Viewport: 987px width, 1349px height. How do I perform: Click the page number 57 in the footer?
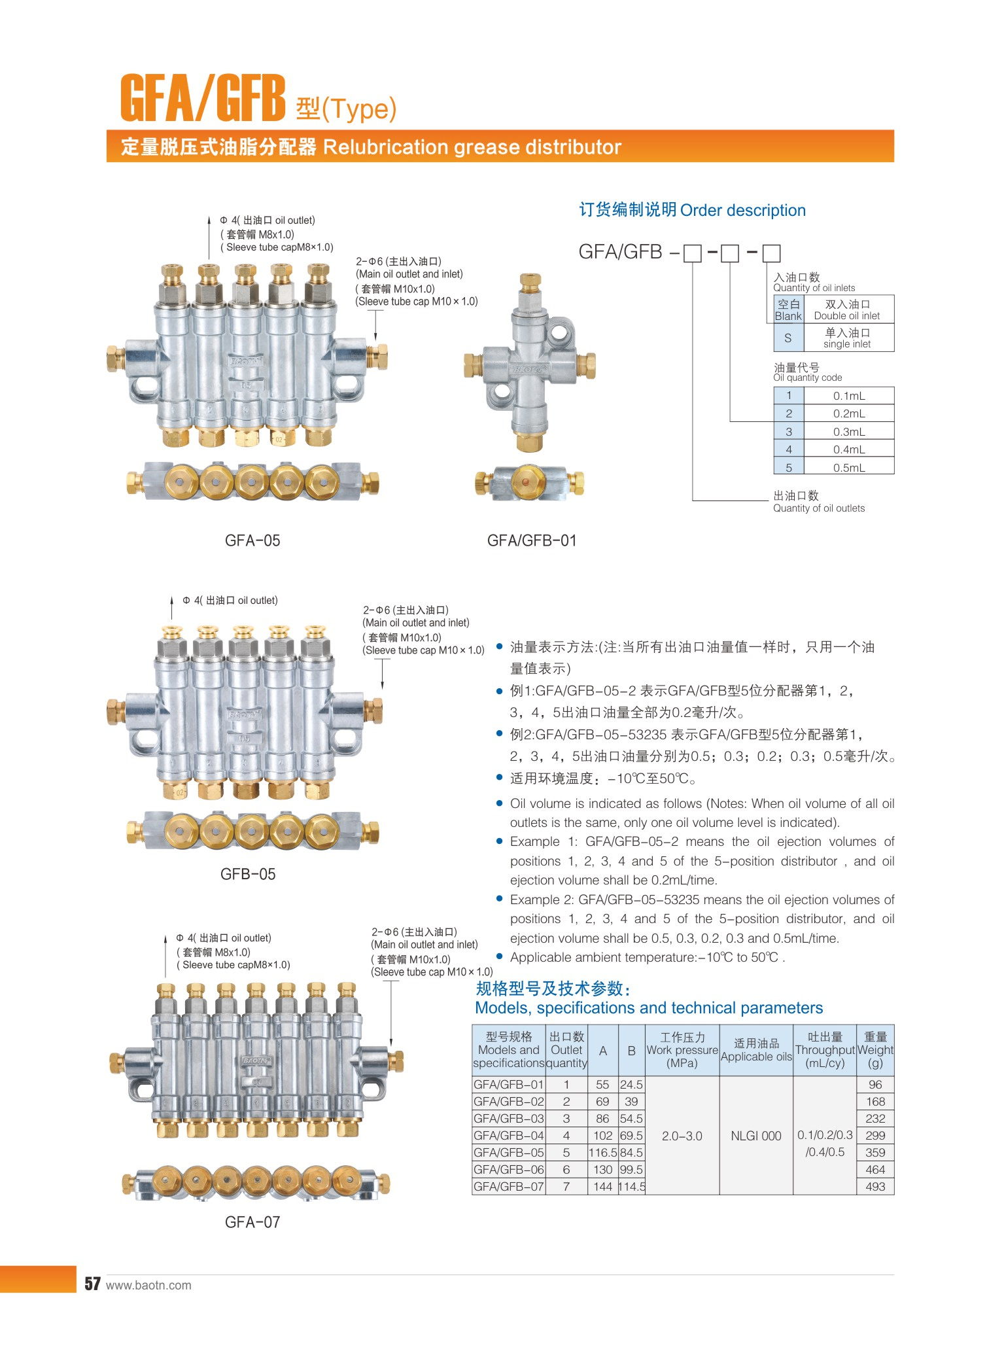coord(92,1284)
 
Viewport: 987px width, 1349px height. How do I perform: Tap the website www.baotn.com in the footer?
coord(148,1285)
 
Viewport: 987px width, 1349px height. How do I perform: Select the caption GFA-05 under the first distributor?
coord(252,540)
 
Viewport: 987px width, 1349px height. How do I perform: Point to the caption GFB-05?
coord(248,874)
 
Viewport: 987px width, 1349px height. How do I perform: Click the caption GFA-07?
coord(252,1222)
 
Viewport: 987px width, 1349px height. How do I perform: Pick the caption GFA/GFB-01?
coord(532,540)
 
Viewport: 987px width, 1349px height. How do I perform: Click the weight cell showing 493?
coord(875,1186)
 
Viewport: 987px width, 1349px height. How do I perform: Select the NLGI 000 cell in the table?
coord(756,1136)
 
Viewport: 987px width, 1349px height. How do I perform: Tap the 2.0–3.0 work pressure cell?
coord(682,1136)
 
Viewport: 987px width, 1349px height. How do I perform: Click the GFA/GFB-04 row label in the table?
coord(509,1135)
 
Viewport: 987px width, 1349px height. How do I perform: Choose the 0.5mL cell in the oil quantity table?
coord(849,468)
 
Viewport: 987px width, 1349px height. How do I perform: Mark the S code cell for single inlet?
coord(788,338)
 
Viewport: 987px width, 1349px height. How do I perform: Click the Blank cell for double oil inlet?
coord(788,310)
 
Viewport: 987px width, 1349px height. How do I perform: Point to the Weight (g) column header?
coord(875,1050)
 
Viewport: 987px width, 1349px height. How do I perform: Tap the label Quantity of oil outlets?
coord(819,508)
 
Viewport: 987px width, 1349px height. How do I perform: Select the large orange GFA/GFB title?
coord(203,97)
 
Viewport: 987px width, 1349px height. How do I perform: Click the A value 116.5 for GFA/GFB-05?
coord(603,1152)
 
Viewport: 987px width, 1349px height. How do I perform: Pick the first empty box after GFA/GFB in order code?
coord(692,253)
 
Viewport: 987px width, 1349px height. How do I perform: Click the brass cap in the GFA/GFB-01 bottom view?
coord(530,482)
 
